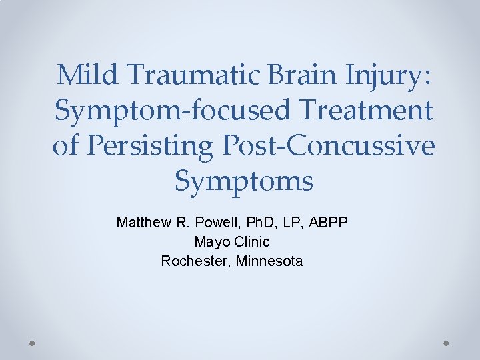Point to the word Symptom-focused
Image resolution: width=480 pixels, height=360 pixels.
click(172, 111)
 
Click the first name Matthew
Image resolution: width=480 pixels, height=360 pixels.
click(141, 222)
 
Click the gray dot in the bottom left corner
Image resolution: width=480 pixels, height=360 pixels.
click(33, 343)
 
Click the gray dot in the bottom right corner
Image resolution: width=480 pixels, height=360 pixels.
click(447, 343)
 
